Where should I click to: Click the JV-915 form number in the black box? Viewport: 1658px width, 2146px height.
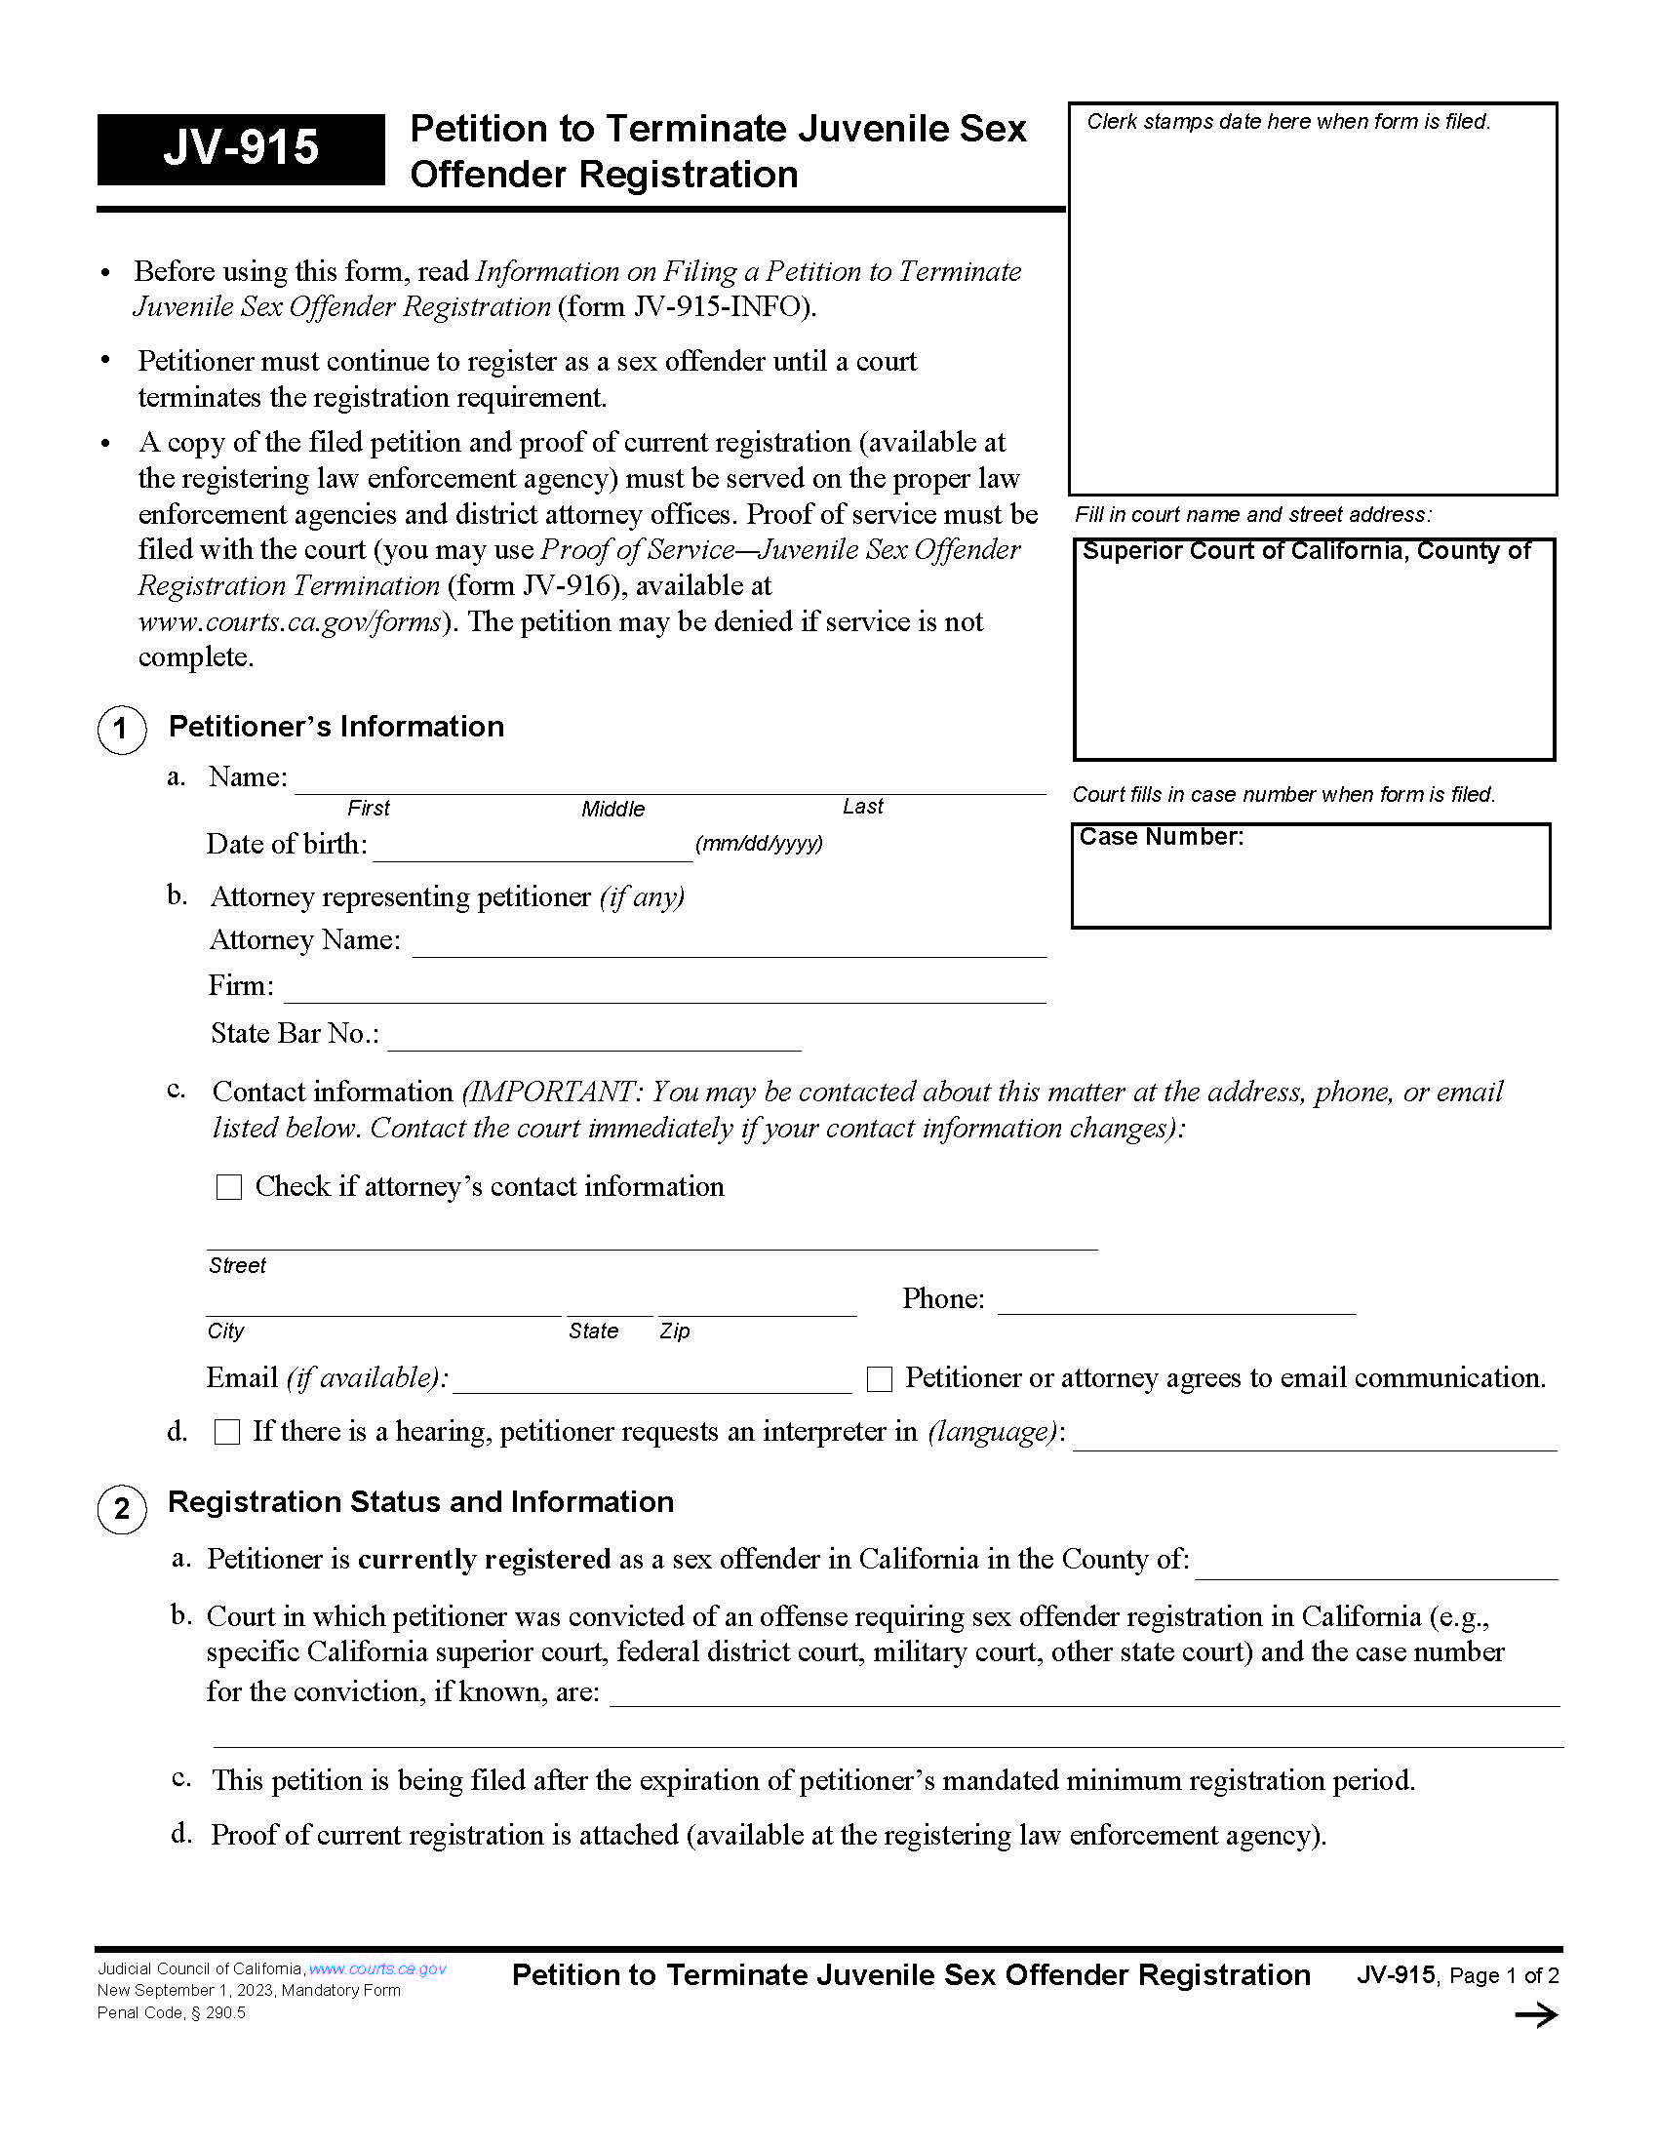241,147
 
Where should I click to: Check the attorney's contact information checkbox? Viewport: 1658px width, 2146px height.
229,1187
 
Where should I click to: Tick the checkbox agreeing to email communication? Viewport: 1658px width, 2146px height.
879,1378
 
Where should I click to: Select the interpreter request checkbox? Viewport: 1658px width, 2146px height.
227,1432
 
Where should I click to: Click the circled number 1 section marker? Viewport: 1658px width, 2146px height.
122,729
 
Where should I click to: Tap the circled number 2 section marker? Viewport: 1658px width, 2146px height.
122,1508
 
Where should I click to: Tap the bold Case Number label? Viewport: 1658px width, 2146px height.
1161,836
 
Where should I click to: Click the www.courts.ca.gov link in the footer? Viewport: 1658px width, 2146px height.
377,1968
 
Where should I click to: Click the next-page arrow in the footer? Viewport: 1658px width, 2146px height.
1535,2015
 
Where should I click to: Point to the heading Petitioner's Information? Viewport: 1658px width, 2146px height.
336,726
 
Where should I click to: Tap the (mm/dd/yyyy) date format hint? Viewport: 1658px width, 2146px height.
758,843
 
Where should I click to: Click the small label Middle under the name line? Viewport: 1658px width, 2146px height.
612,809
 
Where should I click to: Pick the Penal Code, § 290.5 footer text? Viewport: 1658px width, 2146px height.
171,2012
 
